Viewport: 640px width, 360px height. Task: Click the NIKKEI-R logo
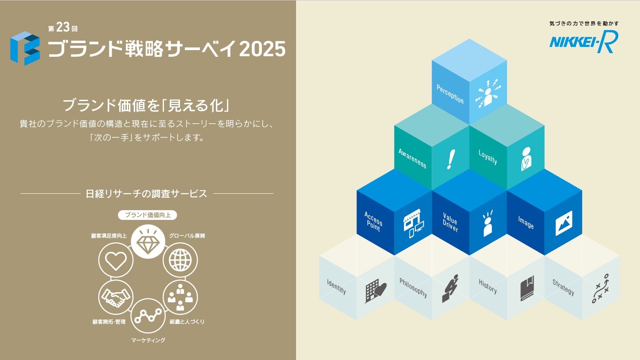click(x=583, y=42)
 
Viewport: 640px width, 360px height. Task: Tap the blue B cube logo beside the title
click(x=25, y=48)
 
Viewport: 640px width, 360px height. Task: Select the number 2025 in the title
click(x=262, y=49)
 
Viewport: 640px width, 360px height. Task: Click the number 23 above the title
click(x=63, y=27)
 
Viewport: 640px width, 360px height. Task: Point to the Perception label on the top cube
click(x=450, y=94)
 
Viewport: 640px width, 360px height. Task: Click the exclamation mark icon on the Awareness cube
click(x=451, y=160)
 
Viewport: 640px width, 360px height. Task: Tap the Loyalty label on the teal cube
click(x=488, y=157)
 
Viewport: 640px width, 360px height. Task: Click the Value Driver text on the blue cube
click(x=450, y=222)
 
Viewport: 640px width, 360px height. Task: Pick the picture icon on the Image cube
click(x=564, y=223)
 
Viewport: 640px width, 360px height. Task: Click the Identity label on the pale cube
click(x=336, y=286)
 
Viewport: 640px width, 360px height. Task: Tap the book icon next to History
click(x=527, y=288)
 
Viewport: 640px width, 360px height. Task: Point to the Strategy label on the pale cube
click(x=563, y=287)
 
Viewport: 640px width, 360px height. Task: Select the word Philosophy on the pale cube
click(x=413, y=288)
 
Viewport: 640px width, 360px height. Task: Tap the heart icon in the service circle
click(x=116, y=261)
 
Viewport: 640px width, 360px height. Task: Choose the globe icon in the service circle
click(x=180, y=260)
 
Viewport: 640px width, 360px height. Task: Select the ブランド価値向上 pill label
click(x=148, y=215)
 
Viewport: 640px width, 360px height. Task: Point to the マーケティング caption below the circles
click(x=148, y=340)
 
